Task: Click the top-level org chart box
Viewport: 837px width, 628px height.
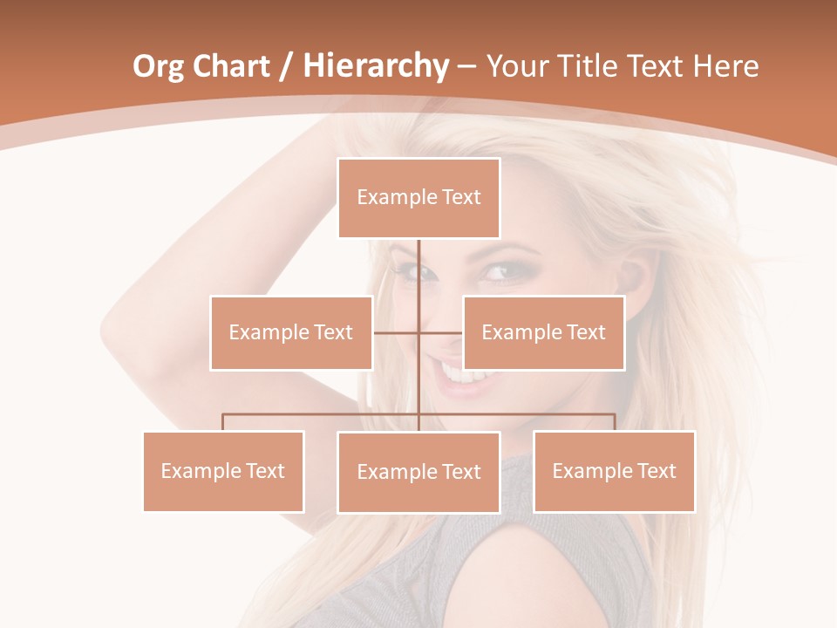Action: pyautogui.click(x=418, y=198)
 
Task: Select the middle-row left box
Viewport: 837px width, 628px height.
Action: pyautogui.click(x=291, y=332)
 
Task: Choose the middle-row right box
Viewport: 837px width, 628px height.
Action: pyautogui.click(x=543, y=332)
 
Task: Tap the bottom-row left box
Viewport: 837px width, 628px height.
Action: pyautogui.click(x=223, y=471)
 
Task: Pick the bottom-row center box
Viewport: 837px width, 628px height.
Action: pyautogui.click(x=418, y=472)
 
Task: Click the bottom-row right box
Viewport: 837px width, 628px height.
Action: pyautogui.click(x=614, y=471)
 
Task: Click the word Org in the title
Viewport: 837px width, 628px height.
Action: pyautogui.click(x=159, y=66)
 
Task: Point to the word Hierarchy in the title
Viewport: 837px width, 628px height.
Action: pyautogui.click(x=376, y=66)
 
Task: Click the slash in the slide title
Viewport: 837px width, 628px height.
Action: pyautogui.click(x=286, y=66)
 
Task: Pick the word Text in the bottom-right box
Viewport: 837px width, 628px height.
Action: pyautogui.click(x=656, y=471)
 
